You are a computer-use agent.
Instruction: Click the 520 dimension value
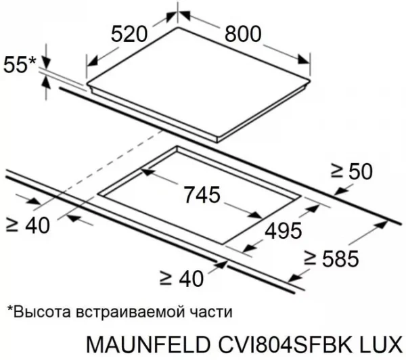coord(129,35)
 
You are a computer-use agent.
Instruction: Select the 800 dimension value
coord(243,34)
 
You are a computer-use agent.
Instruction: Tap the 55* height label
coord(20,64)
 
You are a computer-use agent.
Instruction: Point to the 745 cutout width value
coord(202,194)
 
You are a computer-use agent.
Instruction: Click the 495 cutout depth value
coord(284,231)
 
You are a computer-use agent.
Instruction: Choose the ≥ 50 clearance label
coord(352,171)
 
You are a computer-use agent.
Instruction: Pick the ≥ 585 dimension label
coord(332,258)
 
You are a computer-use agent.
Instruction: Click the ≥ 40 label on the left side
coord(28,225)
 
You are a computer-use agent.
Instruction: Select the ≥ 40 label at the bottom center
coord(182,278)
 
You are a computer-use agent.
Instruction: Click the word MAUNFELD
coord(148,345)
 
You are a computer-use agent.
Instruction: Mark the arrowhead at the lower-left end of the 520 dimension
coord(92,61)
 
